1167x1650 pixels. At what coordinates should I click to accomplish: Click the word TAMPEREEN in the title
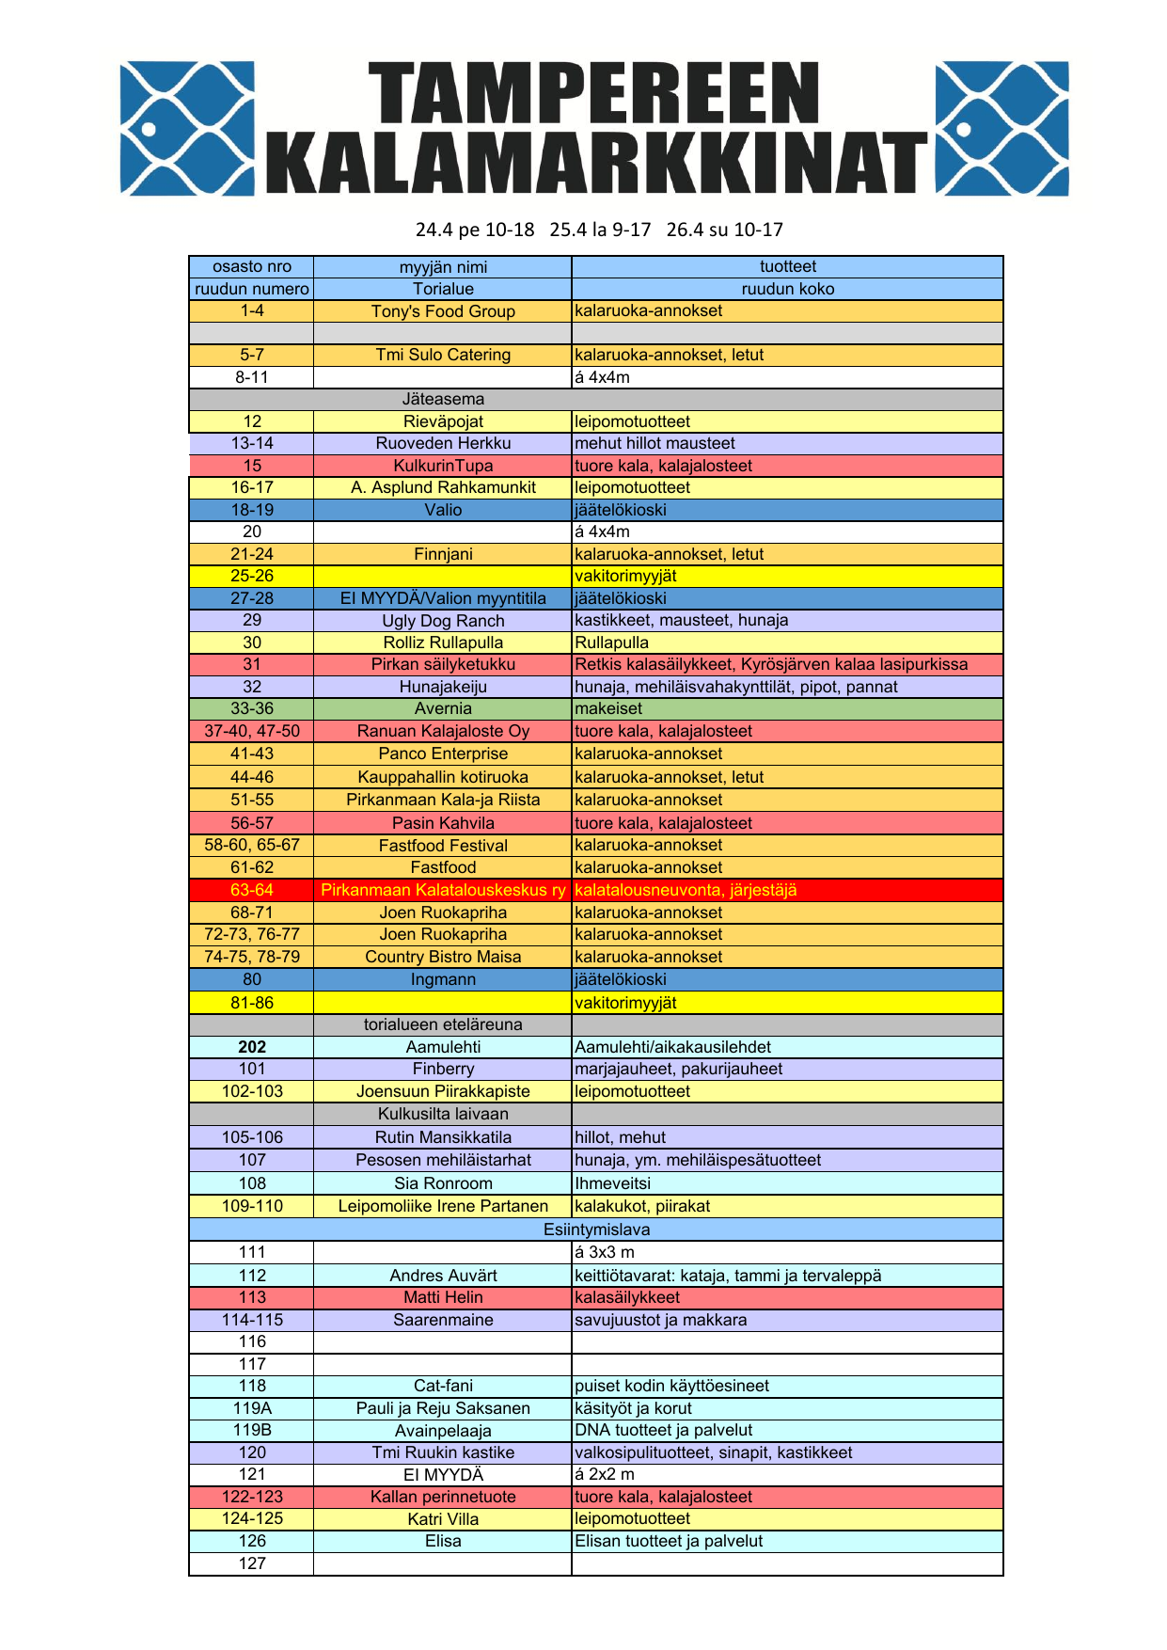tap(592, 94)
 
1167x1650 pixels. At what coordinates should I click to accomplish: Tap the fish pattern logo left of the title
tap(187, 129)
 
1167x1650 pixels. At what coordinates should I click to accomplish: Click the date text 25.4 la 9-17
tap(600, 230)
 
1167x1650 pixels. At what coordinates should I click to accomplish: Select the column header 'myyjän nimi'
tap(443, 267)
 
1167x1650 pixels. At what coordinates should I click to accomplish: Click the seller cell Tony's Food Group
tap(443, 311)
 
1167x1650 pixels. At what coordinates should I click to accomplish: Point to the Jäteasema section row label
tap(443, 399)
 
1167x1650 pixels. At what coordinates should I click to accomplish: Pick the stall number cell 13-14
tap(252, 443)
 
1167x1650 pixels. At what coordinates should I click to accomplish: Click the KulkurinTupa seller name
tap(443, 466)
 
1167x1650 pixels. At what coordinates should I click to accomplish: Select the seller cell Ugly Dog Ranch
tap(443, 621)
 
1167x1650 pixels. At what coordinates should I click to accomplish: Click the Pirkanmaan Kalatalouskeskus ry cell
tap(443, 890)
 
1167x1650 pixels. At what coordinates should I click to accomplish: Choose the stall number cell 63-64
tap(252, 890)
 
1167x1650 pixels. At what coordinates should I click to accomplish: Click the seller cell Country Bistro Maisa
tap(443, 957)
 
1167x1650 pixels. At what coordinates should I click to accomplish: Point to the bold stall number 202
tap(252, 1047)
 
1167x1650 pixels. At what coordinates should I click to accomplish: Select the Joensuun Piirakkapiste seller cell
tap(443, 1091)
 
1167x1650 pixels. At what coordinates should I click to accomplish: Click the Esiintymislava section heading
tap(596, 1230)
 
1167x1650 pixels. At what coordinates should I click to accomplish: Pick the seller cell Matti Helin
tap(443, 1297)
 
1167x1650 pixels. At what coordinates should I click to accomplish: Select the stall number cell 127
tap(252, 1563)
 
